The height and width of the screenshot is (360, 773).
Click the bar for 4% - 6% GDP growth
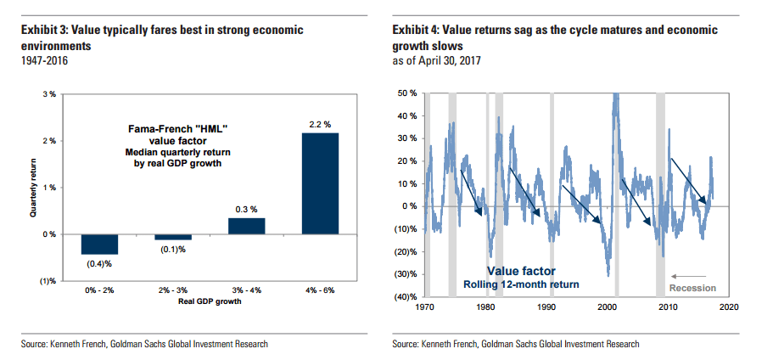tap(319, 183)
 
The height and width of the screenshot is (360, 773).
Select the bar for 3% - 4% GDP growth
tap(246, 225)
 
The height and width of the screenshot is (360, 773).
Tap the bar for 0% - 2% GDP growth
tap(100, 244)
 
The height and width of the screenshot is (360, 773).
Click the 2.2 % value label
tap(319, 124)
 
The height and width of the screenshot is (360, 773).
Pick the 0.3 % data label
tap(246, 209)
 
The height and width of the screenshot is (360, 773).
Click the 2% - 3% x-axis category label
tap(172, 291)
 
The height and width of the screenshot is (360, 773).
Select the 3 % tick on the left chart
tap(48, 93)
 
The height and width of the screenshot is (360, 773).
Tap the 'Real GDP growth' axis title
tap(209, 301)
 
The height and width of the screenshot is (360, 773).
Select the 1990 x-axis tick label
tap(546, 307)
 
